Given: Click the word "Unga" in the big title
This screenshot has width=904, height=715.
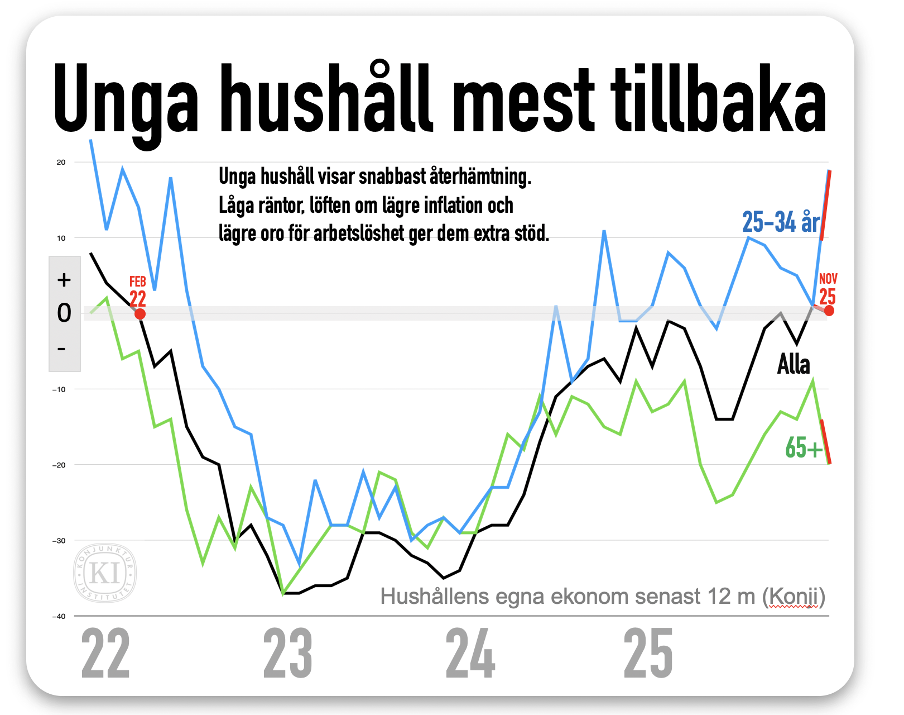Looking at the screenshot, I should (x=126, y=101).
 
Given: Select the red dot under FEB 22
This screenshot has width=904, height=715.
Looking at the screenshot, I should (x=140, y=314).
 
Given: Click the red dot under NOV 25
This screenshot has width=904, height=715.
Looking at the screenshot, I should (x=829, y=311).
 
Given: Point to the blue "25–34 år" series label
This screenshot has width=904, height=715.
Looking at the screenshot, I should (x=781, y=222).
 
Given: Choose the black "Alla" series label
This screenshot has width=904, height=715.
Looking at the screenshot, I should (x=794, y=364).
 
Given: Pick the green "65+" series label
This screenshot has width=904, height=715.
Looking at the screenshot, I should (x=804, y=448).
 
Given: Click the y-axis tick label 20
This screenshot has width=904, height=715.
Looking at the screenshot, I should (x=61, y=163).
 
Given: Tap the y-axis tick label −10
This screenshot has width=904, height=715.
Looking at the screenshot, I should (x=59, y=389).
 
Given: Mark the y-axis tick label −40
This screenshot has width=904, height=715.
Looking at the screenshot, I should (x=59, y=616).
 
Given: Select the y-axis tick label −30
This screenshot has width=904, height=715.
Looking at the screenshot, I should (x=59, y=541).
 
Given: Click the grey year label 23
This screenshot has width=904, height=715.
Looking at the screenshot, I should (x=287, y=654).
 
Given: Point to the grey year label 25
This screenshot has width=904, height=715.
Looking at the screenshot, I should (x=648, y=654).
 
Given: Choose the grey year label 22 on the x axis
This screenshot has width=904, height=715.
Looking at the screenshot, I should (x=105, y=654).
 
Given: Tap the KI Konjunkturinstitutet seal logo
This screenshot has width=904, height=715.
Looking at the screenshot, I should (x=105, y=573).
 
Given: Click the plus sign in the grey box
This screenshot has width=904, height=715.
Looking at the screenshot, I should (x=64, y=280).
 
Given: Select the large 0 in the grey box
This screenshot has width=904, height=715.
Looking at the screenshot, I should (x=64, y=313).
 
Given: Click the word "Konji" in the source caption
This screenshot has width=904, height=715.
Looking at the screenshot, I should (x=794, y=597).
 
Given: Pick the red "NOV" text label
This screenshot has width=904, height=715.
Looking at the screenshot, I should (x=828, y=278).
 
